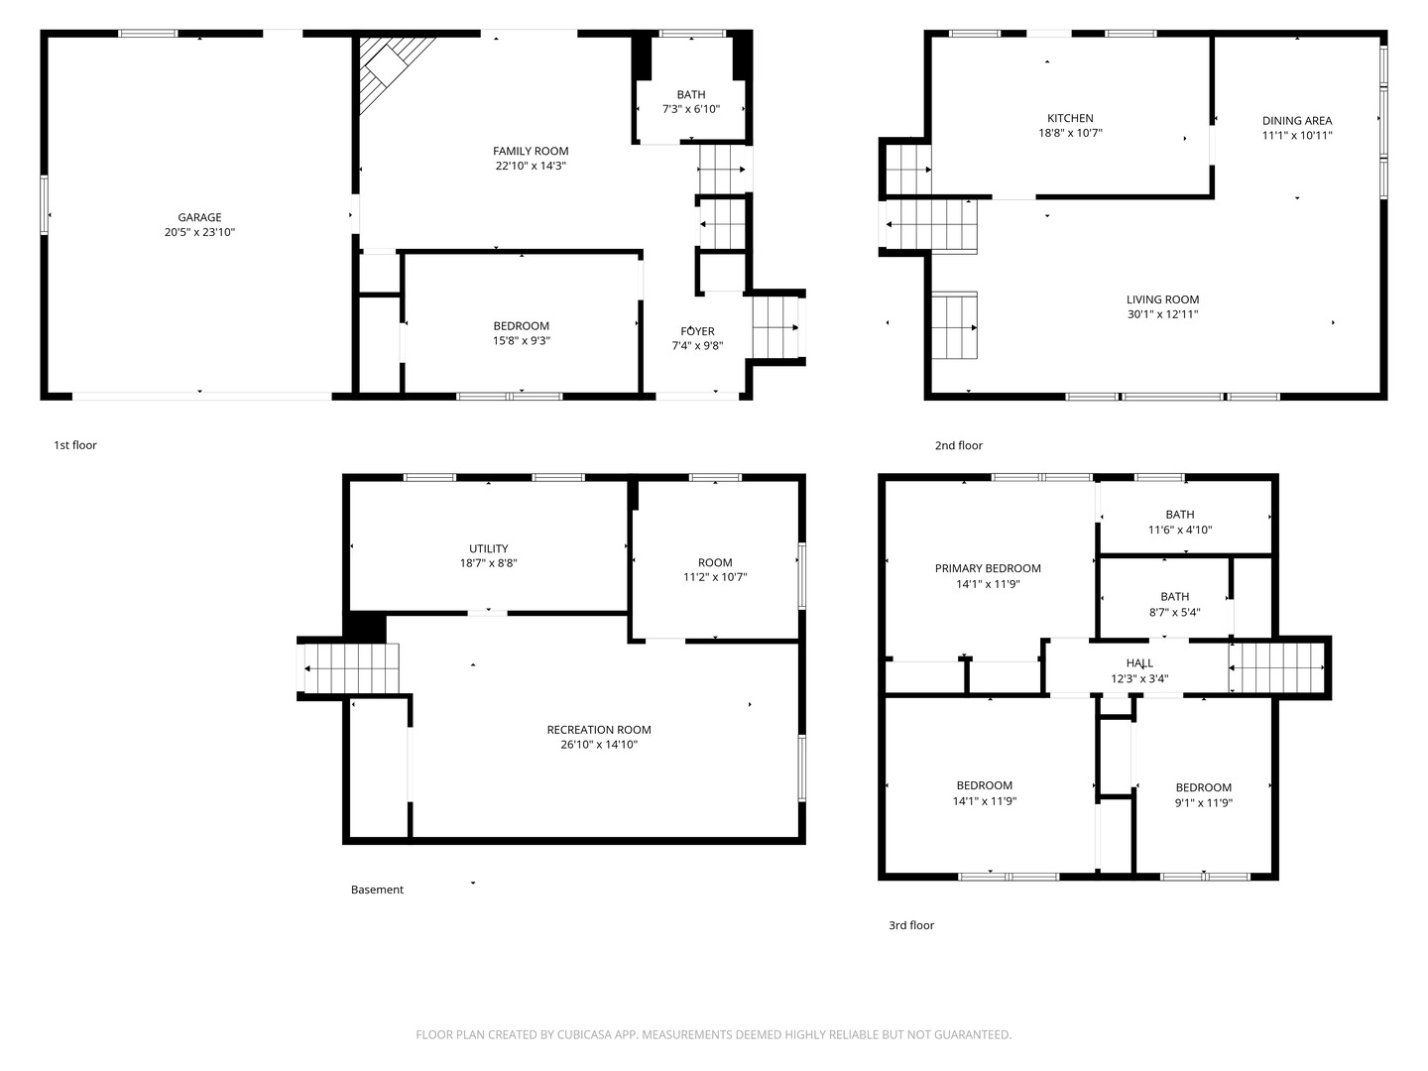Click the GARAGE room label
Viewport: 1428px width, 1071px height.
click(x=199, y=217)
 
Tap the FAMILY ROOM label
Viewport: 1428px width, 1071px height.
click(x=531, y=151)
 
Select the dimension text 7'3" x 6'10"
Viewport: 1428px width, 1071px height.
click(x=691, y=110)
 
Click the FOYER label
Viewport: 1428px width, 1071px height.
click(x=697, y=331)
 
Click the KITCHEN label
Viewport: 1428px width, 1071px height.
click(x=1070, y=118)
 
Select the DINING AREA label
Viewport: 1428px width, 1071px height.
click(x=1296, y=121)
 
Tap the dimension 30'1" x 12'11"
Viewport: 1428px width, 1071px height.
click(x=1162, y=314)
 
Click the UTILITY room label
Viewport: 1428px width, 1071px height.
click(x=488, y=548)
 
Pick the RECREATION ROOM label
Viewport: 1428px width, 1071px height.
click(x=599, y=730)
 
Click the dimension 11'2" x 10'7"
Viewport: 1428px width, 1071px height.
click(x=715, y=577)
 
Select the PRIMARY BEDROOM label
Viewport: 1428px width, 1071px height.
click(x=988, y=568)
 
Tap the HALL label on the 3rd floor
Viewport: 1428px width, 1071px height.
click(x=1139, y=663)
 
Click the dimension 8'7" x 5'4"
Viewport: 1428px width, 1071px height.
click(x=1174, y=612)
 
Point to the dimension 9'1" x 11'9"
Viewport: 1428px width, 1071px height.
click(x=1203, y=803)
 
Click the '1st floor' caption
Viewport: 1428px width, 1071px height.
click(x=75, y=445)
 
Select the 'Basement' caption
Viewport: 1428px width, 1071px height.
click(x=377, y=890)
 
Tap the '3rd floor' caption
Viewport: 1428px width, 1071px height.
click(x=910, y=925)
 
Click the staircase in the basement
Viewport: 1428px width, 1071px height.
click(x=350, y=668)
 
